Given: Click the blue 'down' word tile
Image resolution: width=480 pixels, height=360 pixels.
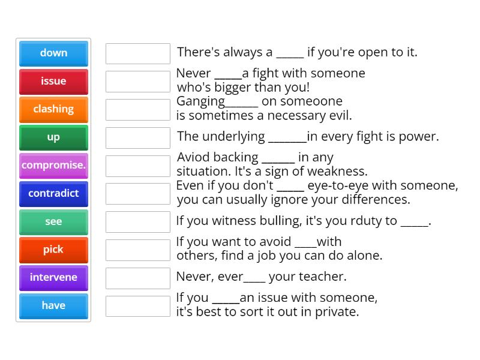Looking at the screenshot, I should click(x=53, y=53).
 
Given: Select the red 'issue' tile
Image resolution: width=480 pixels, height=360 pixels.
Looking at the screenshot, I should click(x=53, y=81).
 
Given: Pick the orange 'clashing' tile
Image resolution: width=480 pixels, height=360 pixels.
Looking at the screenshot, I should click(x=53, y=109).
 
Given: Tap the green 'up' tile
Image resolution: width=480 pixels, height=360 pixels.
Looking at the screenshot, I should click(x=53, y=137).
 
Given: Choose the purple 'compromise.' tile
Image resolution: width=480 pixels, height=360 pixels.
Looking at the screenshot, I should click(x=53, y=165).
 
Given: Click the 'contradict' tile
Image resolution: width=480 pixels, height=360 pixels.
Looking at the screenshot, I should click(x=53, y=193).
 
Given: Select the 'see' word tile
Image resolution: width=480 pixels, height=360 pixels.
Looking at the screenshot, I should click(x=53, y=221).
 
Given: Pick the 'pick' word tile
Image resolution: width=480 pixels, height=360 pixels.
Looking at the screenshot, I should click(x=53, y=250).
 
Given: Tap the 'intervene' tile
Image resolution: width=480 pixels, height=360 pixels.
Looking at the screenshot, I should click(x=53, y=277).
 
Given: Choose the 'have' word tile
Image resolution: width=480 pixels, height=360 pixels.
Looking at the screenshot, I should click(x=53, y=305).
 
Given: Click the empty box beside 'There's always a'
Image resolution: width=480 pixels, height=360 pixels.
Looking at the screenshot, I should click(x=138, y=53).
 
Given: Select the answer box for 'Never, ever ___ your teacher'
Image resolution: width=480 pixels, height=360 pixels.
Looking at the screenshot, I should click(x=138, y=278).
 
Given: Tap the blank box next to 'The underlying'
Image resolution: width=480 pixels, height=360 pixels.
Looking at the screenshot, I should click(x=138, y=137).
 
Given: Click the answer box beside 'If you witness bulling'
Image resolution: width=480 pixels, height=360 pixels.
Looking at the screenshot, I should click(x=138, y=221).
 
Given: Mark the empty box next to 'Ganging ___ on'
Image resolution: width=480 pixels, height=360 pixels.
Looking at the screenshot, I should click(x=138, y=109).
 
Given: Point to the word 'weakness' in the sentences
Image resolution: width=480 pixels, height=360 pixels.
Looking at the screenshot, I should click(x=338, y=171).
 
